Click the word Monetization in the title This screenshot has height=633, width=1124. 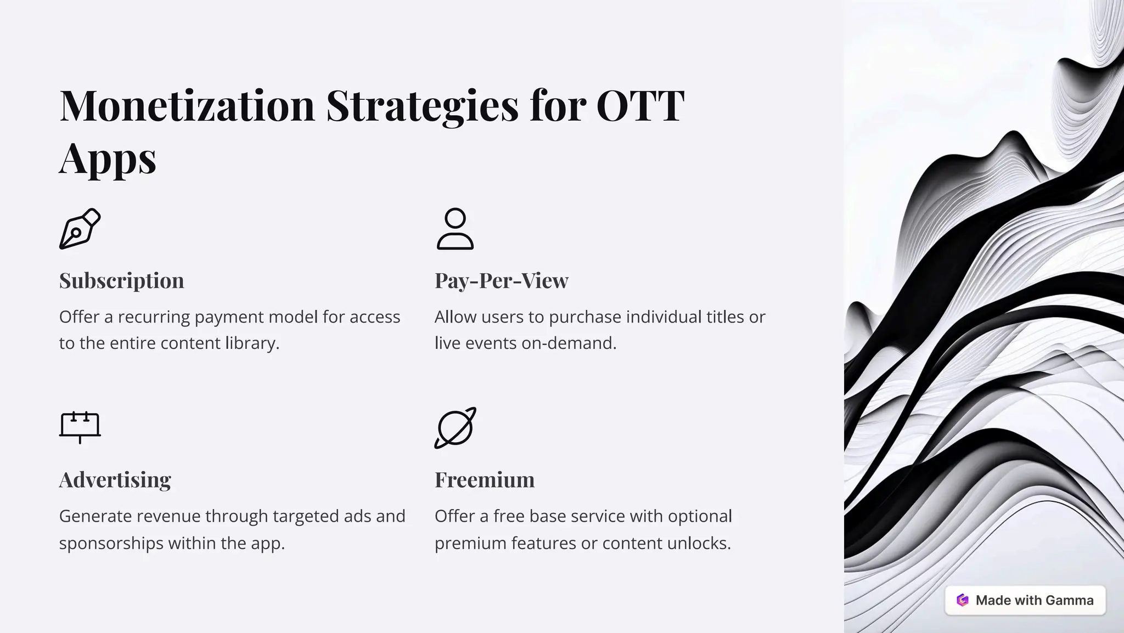point(187,105)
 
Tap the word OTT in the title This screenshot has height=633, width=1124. point(640,105)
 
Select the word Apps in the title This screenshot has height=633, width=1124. point(108,158)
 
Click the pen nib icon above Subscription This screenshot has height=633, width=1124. point(80,229)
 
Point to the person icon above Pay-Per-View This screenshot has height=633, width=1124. point(455,229)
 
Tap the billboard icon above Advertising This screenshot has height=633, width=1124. point(80,427)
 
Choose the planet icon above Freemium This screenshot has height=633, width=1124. point(455,428)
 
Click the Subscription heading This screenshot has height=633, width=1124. point(121,281)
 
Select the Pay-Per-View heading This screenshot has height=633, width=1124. point(501,281)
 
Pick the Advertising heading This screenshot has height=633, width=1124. point(115,480)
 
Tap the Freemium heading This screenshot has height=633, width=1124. point(484,480)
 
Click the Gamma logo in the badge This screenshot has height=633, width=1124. point(962,600)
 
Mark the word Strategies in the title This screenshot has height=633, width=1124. point(422,105)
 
